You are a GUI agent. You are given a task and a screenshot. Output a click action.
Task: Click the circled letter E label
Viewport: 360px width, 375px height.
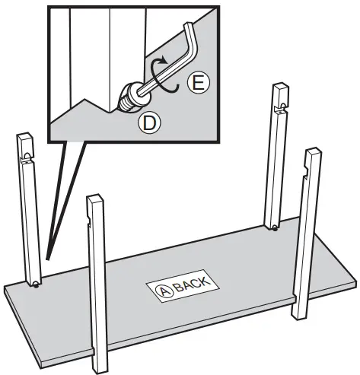199,84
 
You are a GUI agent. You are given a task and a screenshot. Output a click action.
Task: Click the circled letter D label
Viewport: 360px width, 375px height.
149,122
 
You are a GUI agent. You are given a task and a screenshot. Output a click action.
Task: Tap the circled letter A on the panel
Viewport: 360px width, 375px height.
164,291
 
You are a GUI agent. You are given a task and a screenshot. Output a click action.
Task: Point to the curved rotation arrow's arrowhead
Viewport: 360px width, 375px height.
164,61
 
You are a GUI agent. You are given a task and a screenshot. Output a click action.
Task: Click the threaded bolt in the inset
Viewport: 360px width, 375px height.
129,100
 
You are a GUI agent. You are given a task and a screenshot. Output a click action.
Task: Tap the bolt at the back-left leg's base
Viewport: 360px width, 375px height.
37,285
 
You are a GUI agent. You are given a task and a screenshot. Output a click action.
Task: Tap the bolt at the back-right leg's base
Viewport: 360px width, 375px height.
275,228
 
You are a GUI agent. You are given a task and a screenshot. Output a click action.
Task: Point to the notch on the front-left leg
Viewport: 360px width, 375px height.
88,220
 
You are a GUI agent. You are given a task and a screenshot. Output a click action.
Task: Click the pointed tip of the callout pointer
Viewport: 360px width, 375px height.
47,259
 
